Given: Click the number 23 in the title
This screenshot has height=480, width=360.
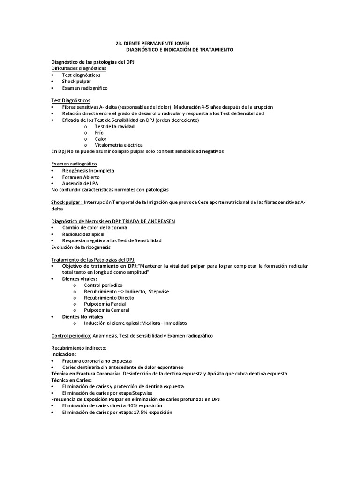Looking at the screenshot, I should [119, 43].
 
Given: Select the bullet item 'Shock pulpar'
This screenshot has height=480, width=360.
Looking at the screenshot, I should [76, 82].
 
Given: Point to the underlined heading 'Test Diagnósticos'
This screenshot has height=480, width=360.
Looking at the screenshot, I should [70, 101].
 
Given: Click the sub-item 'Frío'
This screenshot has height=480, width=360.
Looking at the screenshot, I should [99, 133].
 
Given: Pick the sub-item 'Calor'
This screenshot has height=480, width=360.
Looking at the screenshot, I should [100, 139].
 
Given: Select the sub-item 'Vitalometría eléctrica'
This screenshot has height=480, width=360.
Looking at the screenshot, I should [119, 145].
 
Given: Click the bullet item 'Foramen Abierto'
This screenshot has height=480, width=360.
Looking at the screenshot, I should [81, 177].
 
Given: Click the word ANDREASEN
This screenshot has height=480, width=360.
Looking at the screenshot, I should [159, 221].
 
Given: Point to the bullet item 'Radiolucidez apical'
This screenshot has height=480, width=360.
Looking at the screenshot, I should [83, 234].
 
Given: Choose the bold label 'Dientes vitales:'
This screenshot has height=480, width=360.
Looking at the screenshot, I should [80, 279].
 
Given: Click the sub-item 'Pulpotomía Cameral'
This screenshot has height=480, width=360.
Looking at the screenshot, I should [106, 310].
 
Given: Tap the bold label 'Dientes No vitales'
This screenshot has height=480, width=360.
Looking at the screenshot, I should [82, 317].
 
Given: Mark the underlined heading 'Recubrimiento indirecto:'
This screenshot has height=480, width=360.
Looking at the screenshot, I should [78, 348].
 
